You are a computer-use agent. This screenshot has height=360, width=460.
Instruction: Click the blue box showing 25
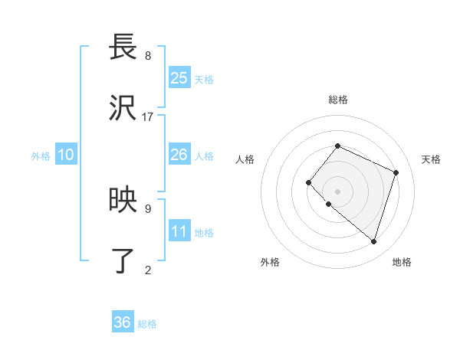tap(179, 77)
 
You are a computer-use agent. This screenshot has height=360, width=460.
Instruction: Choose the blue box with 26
tap(179, 155)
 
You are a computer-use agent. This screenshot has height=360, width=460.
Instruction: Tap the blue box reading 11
tap(179, 231)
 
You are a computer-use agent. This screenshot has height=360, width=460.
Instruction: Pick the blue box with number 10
tap(66, 155)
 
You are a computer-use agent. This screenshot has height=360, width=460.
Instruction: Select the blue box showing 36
tap(123, 322)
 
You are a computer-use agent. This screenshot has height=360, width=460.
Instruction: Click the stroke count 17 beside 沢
tap(148, 117)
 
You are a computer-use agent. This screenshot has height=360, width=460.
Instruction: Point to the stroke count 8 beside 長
tap(148, 56)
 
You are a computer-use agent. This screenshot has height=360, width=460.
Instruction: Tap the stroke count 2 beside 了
tap(148, 269)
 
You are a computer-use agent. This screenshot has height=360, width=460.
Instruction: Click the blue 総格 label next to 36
tap(147, 324)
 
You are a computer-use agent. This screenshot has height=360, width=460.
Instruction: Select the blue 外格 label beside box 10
tap(41, 156)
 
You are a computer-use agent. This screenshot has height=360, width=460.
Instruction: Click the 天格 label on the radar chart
tap(431, 159)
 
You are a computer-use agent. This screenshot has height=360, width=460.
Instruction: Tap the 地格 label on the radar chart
tap(402, 262)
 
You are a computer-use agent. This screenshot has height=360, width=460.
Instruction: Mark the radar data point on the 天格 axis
tap(396, 172)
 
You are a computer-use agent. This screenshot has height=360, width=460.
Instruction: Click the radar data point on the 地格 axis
tap(373, 241)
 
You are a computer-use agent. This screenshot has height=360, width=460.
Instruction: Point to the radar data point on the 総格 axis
tap(337, 146)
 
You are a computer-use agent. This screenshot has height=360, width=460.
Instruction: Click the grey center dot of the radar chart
tap(337, 191)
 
